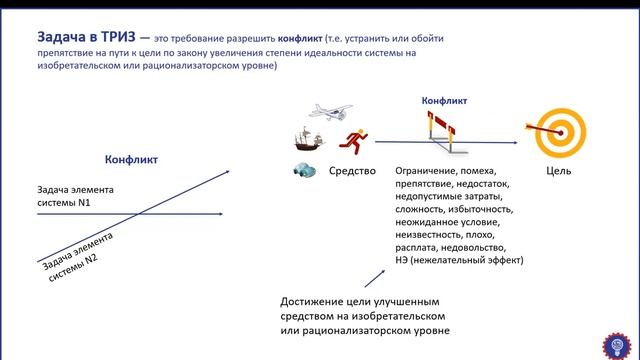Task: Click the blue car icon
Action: [304, 171]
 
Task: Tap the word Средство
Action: [352, 171]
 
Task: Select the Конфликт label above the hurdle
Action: [445, 100]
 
